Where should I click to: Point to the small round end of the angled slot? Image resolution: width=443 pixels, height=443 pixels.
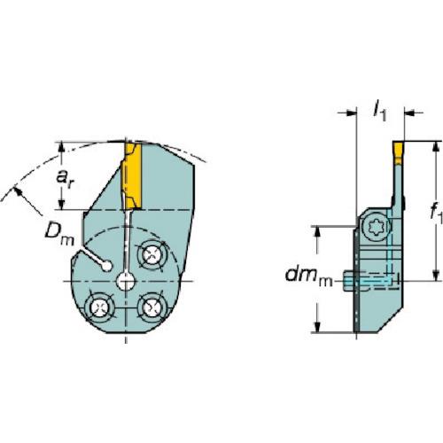click(106, 264)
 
